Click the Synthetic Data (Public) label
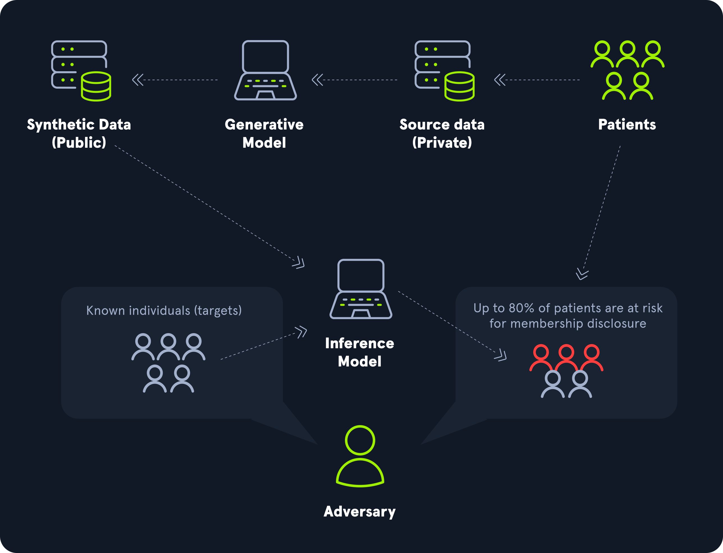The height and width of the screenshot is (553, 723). coord(79,133)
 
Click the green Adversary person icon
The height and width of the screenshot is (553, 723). coord(360,456)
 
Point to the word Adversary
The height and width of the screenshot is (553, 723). coord(360,511)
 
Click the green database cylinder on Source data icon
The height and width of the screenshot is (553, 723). coord(459,86)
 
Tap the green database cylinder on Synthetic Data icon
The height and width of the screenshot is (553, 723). coord(96,86)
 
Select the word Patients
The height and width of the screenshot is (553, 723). coord(627,125)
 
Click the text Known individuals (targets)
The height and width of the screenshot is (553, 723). coord(164,310)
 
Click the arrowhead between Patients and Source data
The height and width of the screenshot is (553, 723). coord(500,80)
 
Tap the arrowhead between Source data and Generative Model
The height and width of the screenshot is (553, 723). coord(317,80)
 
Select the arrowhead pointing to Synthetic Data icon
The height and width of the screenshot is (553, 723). coord(138,80)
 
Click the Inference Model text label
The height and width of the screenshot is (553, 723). coord(360,352)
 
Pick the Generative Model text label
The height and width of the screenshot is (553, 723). coord(264,133)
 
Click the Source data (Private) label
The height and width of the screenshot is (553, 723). coord(442,133)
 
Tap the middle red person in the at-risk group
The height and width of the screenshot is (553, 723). coord(566,357)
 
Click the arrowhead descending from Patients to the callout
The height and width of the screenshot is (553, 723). coord(582,274)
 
